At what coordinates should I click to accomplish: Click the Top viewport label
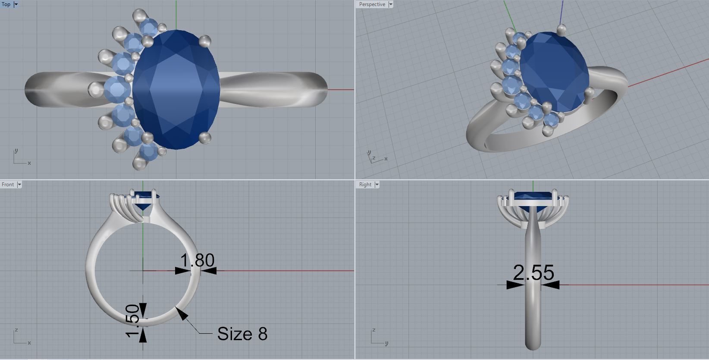point(6,4)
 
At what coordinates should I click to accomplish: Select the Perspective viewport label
point(372,4)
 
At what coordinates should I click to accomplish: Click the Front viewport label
point(8,185)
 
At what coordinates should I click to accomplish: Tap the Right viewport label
point(365,185)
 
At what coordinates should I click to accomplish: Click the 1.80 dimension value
point(197,260)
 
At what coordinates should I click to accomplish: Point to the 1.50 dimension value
point(133,321)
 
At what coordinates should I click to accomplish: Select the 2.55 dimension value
point(533,273)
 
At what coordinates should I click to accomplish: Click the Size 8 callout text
point(242,334)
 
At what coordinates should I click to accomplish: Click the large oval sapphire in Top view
point(176,89)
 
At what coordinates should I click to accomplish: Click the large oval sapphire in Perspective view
point(554,71)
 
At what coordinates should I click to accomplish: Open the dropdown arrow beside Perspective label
point(391,4)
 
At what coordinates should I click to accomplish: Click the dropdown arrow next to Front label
point(19,185)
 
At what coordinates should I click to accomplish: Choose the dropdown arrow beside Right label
point(377,185)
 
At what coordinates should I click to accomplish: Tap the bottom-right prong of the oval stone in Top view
point(205,138)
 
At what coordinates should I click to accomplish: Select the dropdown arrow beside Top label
point(16,4)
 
